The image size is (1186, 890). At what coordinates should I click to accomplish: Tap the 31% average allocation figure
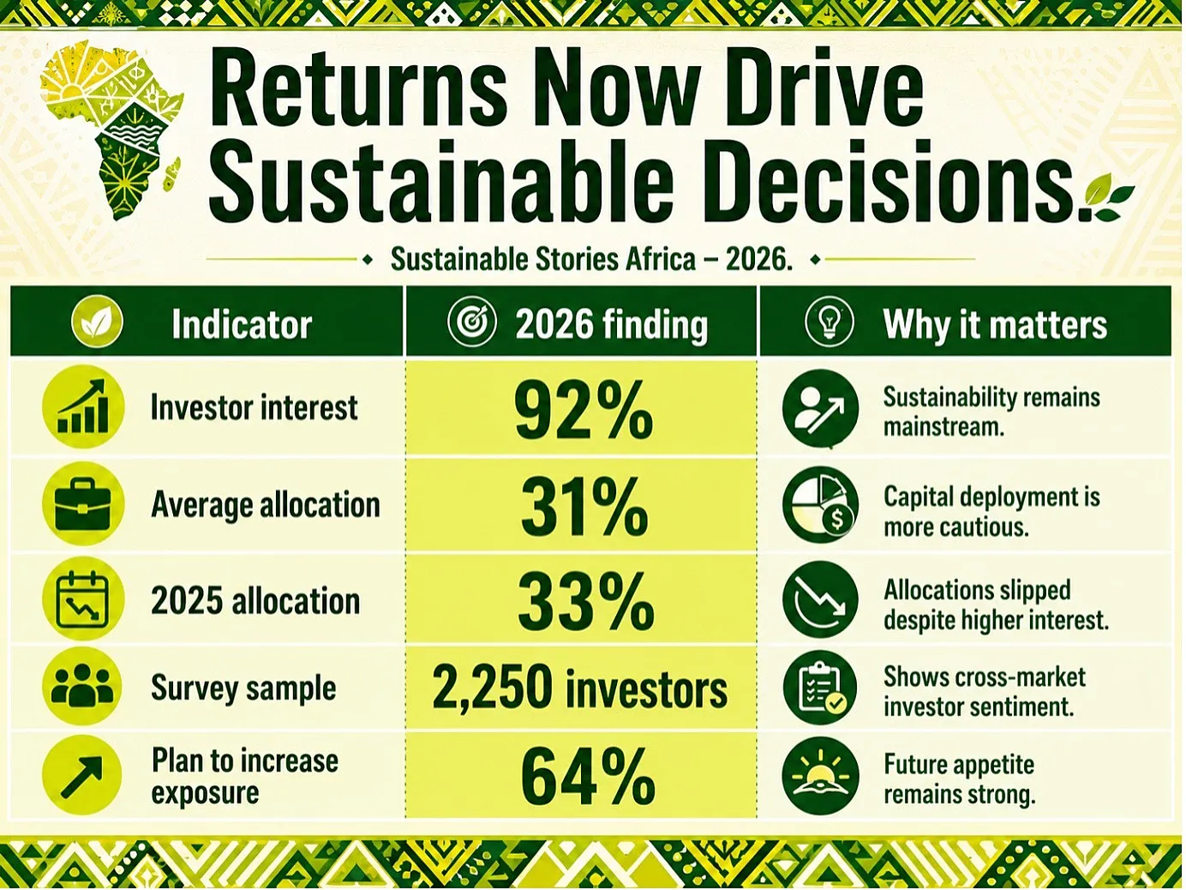584,508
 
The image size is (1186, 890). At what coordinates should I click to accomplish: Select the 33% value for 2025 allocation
585,603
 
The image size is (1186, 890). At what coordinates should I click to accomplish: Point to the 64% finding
587,777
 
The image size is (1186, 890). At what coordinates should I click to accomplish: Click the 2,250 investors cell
580,688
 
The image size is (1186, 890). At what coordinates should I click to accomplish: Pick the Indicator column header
242,324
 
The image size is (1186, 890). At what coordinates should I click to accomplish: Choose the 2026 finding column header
611,324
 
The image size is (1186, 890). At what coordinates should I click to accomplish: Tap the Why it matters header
995,324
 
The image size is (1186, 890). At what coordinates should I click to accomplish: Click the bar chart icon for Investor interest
83,406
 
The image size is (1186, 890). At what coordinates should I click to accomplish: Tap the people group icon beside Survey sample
83,687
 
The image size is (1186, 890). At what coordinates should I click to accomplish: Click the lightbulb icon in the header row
830,322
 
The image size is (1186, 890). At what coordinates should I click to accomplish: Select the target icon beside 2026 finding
471,322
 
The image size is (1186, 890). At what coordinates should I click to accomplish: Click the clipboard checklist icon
820,688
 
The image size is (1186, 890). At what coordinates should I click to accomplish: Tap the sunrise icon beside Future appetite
820,776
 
